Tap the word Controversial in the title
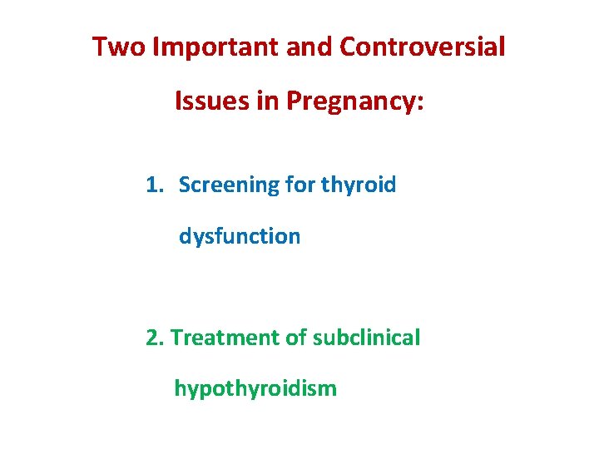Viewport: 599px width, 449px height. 423,47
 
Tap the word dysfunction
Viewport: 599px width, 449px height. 240,236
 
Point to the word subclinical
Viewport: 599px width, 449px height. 366,338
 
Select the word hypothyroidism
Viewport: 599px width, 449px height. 255,388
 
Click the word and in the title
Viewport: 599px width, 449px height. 308,47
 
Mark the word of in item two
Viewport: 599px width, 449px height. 295,338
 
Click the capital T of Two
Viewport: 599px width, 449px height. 100,47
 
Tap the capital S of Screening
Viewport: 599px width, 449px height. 185,185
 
